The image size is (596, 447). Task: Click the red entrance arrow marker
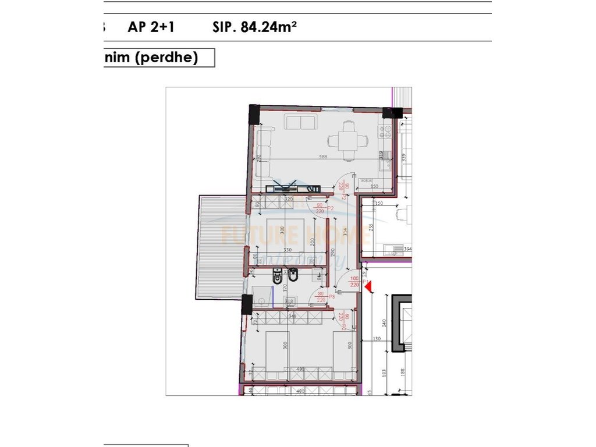pos(368,285)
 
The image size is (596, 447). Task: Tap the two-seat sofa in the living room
pos(300,123)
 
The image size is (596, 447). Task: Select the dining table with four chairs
pos(349,140)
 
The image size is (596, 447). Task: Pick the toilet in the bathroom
pos(278,276)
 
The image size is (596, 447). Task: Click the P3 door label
pos(332,296)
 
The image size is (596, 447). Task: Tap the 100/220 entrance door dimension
pos(354,282)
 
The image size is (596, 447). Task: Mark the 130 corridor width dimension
pos(376,339)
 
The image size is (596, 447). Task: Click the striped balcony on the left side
pos(220,247)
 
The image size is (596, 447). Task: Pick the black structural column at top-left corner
pos(254,113)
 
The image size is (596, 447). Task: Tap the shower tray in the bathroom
pos(265,298)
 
